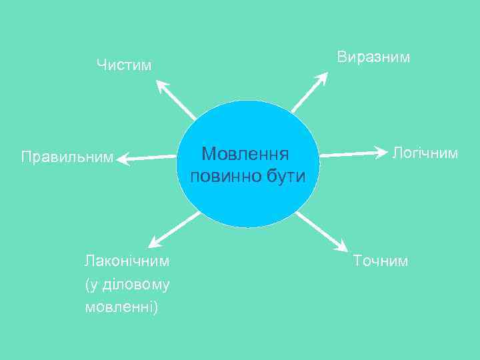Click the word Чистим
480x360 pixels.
point(124,65)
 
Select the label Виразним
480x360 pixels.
point(373,57)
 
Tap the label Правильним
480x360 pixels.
point(67,158)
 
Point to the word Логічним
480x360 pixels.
point(425,153)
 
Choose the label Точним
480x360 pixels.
point(380,261)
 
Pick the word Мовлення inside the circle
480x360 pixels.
point(245,154)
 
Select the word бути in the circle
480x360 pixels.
point(285,177)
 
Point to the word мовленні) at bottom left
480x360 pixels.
point(122,307)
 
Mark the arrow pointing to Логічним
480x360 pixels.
point(353,153)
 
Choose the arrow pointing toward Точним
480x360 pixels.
point(321,233)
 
